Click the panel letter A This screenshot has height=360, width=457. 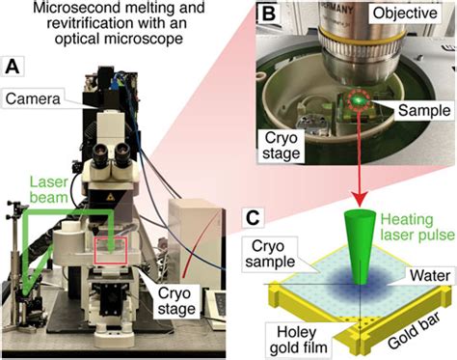coord(13,67)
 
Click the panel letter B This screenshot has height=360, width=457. coord(269,14)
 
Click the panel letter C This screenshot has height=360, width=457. coord(253,218)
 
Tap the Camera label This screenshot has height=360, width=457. coord(33,98)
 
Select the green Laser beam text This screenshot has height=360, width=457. coord(49,190)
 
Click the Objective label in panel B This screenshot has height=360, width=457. coord(405,14)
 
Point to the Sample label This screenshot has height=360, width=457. coord(424,111)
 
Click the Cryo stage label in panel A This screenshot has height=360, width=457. coord(176,301)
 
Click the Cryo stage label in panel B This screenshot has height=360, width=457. coord(281,146)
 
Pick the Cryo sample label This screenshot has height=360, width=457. coord(270,254)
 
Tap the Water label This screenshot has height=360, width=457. coord(430,276)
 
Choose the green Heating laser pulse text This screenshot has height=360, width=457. coord(417,227)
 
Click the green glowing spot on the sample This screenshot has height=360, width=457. coord(358,99)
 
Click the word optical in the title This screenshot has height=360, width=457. coord(76,39)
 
